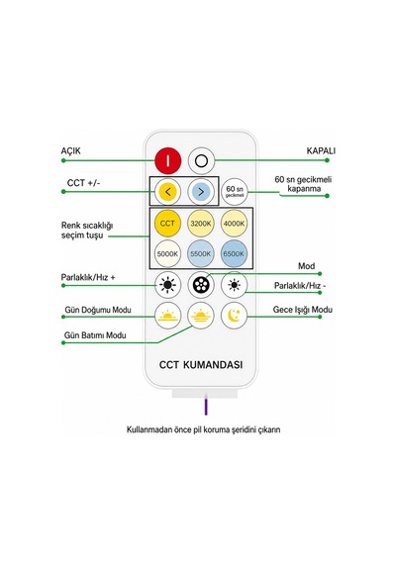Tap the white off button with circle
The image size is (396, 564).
[x=201, y=160]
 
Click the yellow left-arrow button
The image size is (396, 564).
[x=167, y=191]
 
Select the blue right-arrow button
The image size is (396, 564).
[x=201, y=191]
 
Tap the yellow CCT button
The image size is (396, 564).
[x=167, y=224]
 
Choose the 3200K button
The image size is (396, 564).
[x=201, y=224]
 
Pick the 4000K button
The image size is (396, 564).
[x=234, y=224]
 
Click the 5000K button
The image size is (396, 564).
[x=167, y=254]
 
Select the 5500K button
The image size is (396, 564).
[x=201, y=254]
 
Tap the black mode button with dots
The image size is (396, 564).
[x=201, y=285]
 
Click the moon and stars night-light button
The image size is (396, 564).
[x=234, y=316]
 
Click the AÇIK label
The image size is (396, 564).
[x=70, y=151]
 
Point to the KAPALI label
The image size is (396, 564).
[x=321, y=150]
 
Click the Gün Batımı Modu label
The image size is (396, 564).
[x=95, y=335]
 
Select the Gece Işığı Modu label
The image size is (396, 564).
[x=302, y=310]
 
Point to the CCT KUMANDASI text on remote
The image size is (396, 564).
[x=201, y=365]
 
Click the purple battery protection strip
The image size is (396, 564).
[x=206, y=405]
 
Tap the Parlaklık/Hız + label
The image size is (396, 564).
[x=88, y=278]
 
